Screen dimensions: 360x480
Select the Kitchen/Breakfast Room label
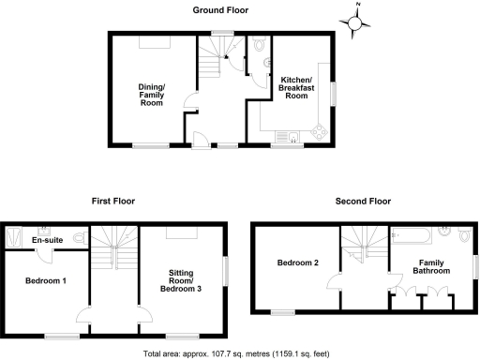[x=296, y=88]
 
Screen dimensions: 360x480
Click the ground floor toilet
[x=259, y=45]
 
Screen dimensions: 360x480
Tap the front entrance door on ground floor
[x=198, y=140]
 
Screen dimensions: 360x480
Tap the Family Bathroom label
[x=432, y=265]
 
